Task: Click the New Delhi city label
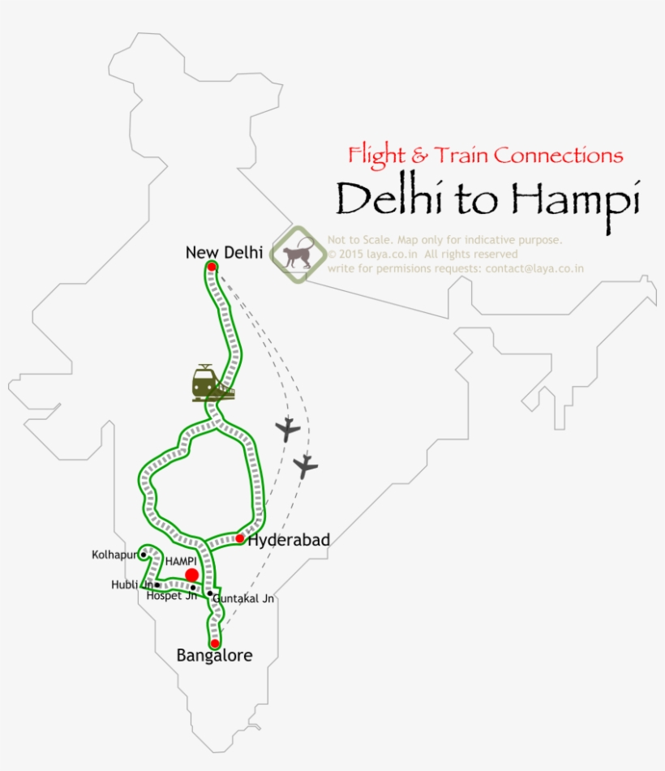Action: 224,253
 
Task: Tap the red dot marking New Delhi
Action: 212,267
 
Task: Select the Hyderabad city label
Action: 289,540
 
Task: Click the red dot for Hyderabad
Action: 240,538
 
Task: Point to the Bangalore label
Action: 214,656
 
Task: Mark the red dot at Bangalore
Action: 214,643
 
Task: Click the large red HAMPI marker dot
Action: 191,575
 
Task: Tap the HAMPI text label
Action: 181,560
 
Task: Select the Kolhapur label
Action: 115,555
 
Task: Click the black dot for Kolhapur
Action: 144,555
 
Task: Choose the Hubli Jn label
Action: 132,585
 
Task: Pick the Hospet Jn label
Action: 171,595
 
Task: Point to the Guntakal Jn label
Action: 244,599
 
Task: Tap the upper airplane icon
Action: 287,429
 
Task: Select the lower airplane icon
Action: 305,466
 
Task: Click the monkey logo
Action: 298,255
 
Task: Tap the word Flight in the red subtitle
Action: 377,155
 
